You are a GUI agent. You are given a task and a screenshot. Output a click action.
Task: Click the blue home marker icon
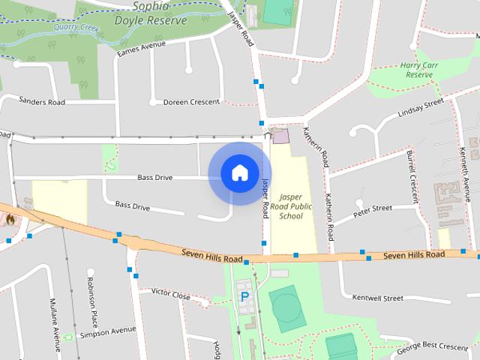[x=239, y=173]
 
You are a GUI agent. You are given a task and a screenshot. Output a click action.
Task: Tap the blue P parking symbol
[x=244, y=297]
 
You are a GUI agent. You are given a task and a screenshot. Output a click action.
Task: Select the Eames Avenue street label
[x=141, y=49]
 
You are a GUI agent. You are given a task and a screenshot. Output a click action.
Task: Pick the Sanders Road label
[x=42, y=100]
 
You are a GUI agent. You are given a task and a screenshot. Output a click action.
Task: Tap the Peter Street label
[x=373, y=208]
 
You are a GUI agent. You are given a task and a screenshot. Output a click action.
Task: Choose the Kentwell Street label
[x=377, y=298]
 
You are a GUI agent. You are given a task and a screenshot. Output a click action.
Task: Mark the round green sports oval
[x=286, y=307]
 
